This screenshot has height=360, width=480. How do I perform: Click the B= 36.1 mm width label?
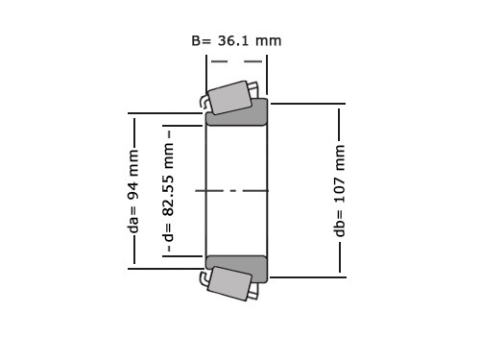tap(236, 41)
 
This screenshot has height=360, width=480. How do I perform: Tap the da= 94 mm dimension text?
tap(133, 191)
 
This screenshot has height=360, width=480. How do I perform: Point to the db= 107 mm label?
tap(340, 191)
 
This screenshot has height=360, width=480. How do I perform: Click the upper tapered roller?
tap(229, 97)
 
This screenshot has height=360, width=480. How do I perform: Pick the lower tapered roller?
tap(229, 283)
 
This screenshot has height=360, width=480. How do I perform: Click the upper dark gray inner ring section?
tap(236, 112)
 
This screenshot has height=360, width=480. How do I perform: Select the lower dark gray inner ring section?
tap(236, 269)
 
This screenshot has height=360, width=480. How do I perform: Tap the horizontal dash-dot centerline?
tap(232, 191)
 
